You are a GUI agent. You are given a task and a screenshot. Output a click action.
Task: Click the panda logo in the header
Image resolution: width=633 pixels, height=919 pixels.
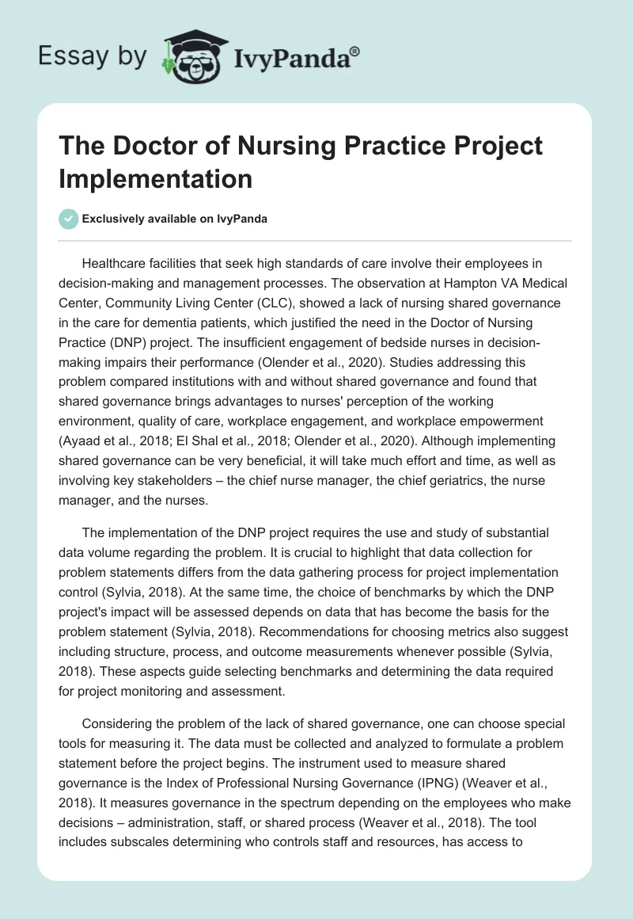click(189, 55)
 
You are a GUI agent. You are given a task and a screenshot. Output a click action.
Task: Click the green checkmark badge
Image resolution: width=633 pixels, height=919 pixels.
click(70, 219)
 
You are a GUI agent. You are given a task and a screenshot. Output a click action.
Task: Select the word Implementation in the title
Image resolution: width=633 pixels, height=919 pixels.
click(154, 178)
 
